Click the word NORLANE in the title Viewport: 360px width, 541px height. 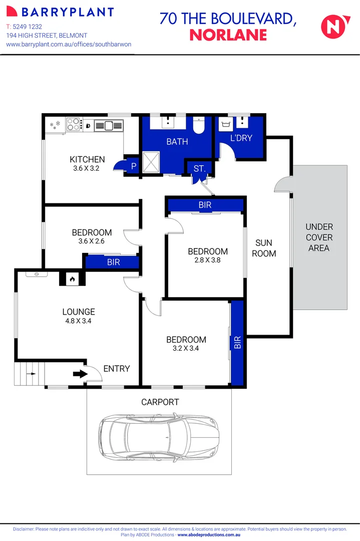(228, 35)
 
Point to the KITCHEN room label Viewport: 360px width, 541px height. (87, 160)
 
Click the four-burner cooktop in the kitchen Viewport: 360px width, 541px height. (74, 124)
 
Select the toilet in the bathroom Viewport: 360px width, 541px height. (199, 126)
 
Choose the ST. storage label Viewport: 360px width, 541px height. (199, 168)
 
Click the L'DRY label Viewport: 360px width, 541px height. (241, 138)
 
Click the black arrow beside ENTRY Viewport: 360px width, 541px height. (79, 374)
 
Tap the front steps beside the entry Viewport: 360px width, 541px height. (30, 374)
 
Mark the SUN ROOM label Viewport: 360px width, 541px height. (264, 248)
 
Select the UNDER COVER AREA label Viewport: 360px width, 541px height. (319, 237)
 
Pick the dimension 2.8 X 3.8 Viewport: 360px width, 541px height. (208, 260)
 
